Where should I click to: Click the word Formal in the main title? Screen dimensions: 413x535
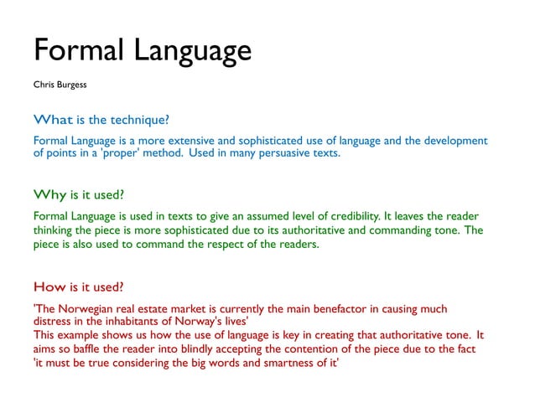tap(78, 50)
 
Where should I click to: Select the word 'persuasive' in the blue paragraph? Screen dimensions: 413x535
tap(280, 153)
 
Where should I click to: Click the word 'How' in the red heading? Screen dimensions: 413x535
tap(49, 286)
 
